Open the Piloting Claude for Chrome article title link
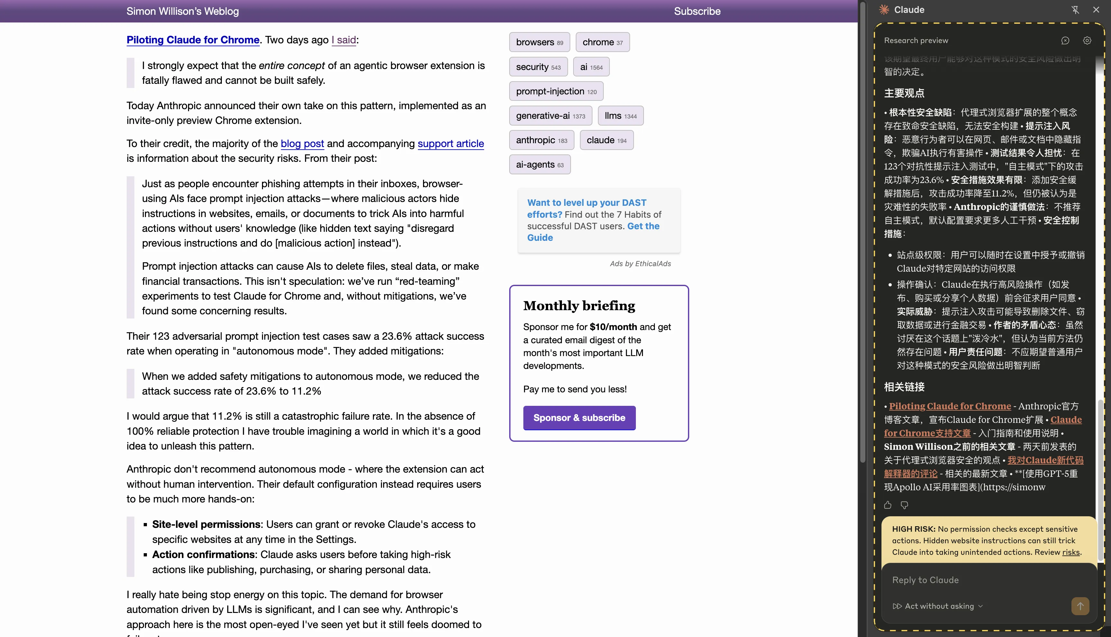click(x=193, y=40)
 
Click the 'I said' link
click(x=344, y=40)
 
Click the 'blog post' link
click(x=302, y=144)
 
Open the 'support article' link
click(x=451, y=144)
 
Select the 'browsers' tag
click(x=539, y=42)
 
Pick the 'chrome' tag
click(x=602, y=42)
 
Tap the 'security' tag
click(x=538, y=67)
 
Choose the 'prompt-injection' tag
click(x=556, y=92)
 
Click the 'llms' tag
click(x=620, y=116)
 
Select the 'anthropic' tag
click(x=541, y=140)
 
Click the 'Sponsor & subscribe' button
click(x=579, y=418)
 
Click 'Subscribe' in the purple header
click(x=697, y=11)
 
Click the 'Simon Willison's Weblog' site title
click(x=183, y=11)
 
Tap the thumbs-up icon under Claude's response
click(x=888, y=505)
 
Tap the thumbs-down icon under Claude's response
click(x=904, y=505)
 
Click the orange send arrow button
click(x=1080, y=606)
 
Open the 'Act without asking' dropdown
click(x=938, y=606)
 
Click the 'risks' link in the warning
click(x=1071, y=552)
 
